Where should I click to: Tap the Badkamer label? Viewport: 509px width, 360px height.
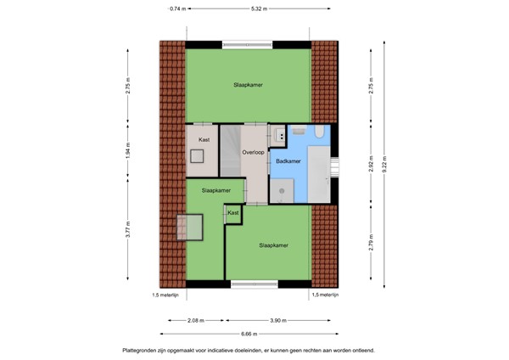pos(288,160)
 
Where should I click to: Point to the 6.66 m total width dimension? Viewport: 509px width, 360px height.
pos(249,334)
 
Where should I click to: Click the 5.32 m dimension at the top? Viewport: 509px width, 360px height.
pos(260,8)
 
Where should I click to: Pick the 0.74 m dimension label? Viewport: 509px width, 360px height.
pos(176,8)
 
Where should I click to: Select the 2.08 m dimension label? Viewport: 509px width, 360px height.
pos(196,320)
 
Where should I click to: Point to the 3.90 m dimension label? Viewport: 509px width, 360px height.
pos(278,320)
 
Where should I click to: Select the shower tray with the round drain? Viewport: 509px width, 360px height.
pos(281,192)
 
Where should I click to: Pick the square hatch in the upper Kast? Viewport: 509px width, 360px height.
pos(198,156)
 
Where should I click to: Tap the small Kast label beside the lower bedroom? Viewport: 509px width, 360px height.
pos(232,213)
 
